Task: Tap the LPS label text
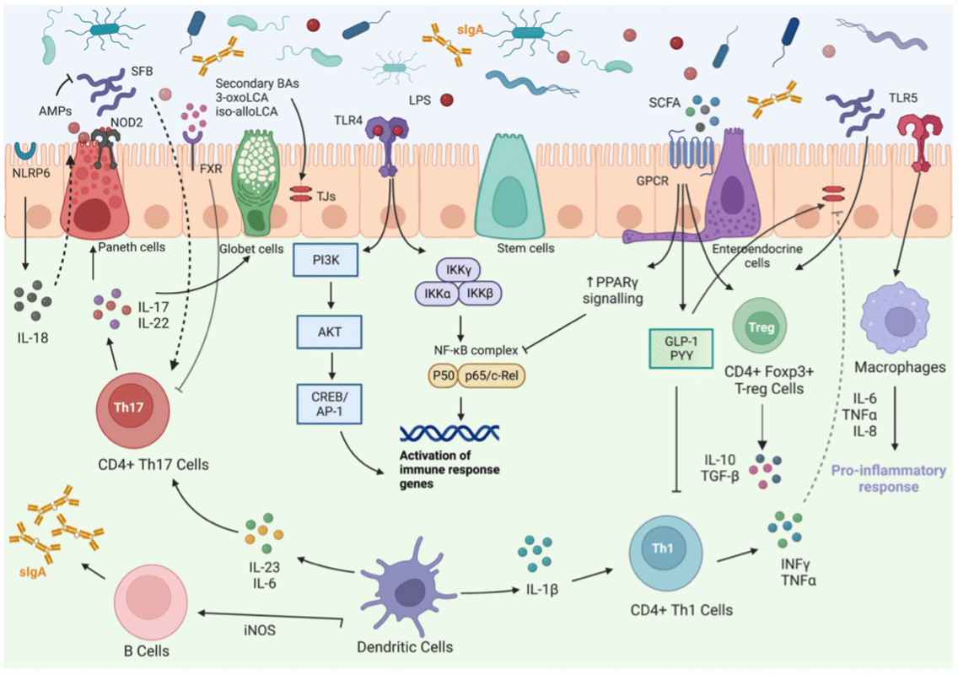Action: pyautogui.click(x=419, y=100)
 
